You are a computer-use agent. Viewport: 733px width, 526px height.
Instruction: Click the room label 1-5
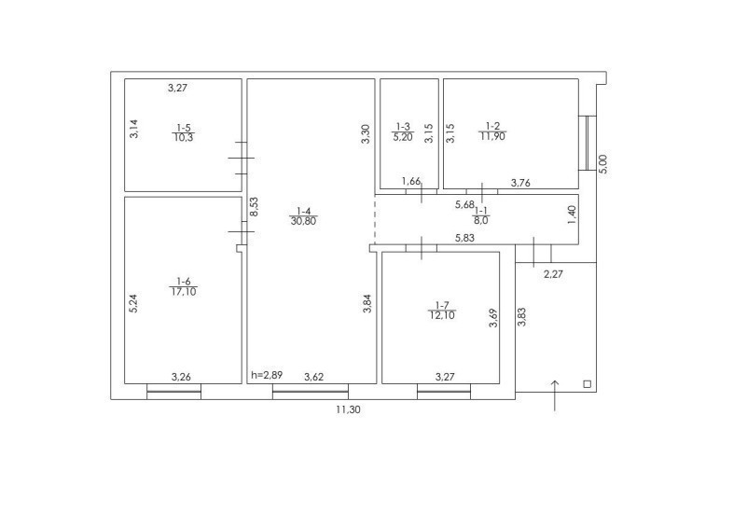pyautogui.click(x=183, y=128)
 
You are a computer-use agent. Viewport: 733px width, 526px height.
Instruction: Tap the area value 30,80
pyautogui.click(x=303, y=221)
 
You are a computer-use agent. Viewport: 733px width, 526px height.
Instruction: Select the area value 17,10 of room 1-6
pyautogui.click(x=184, y=292)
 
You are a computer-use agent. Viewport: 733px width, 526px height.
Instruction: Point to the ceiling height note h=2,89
pyautogui.click(x=267, y=375)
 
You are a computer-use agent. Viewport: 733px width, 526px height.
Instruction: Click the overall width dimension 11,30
pyautogui.click(x=348, y=409)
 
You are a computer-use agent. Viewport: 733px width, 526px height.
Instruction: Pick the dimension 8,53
pyautogui.click(x=254, y=207)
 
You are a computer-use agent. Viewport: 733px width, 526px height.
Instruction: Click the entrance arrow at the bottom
pyautogui.click(x=555, y=395)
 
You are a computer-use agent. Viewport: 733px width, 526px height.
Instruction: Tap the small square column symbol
pyautogui.click(x=588, y=384)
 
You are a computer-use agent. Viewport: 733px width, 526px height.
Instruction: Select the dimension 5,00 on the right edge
pyautogui.click(x=603, y=164)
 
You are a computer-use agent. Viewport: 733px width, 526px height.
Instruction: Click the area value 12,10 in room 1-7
pyautogui.click(x=442, y=315)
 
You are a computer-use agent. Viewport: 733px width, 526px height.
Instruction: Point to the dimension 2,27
pyautogui.click(x=554, y=274)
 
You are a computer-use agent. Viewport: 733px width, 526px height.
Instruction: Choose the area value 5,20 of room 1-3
pyautogui.click(x=403, y=136)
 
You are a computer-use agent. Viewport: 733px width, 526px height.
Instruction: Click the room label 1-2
pyautogui.click(x=492, y=126)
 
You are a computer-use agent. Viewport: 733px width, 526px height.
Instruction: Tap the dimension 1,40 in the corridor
pyautogui.click(x=572, y=215)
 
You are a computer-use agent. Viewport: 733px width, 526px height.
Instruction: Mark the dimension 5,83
pyautogui.click(x=464, y=238)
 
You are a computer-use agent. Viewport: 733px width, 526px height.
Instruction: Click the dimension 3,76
pyautogui.click(x=520, y=183)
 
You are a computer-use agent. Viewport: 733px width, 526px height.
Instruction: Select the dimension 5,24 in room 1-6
pyautogui.click(x=133, y=303)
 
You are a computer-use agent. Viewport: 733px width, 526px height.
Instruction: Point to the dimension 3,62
pyautogui.click(x=313, y=377)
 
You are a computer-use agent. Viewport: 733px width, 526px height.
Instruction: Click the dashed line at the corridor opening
pyautogui.click(x=375, y=219)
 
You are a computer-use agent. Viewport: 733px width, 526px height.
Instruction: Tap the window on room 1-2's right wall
pyautogui.click(x=588, y=143)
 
